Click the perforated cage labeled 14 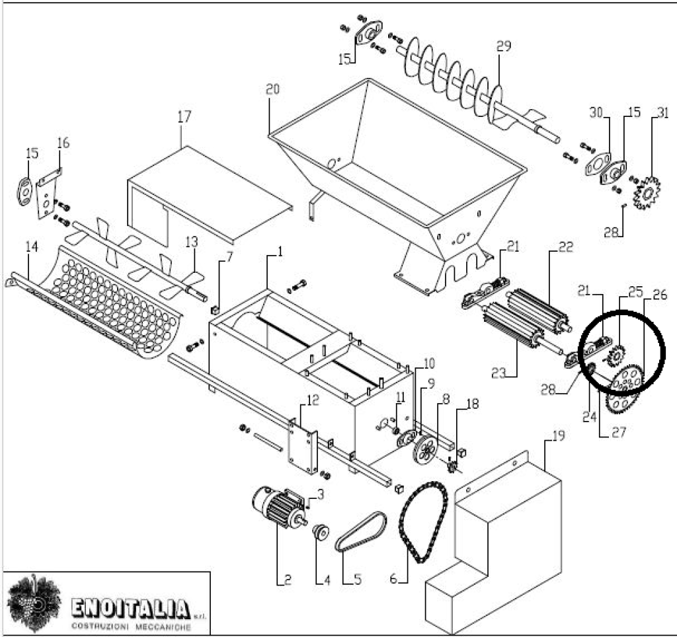point(99,304)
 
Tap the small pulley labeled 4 point(322,531)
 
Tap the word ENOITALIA point(130,607)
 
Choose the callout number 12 point(313,400)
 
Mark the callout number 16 point(63,143)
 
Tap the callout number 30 point(596,113)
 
